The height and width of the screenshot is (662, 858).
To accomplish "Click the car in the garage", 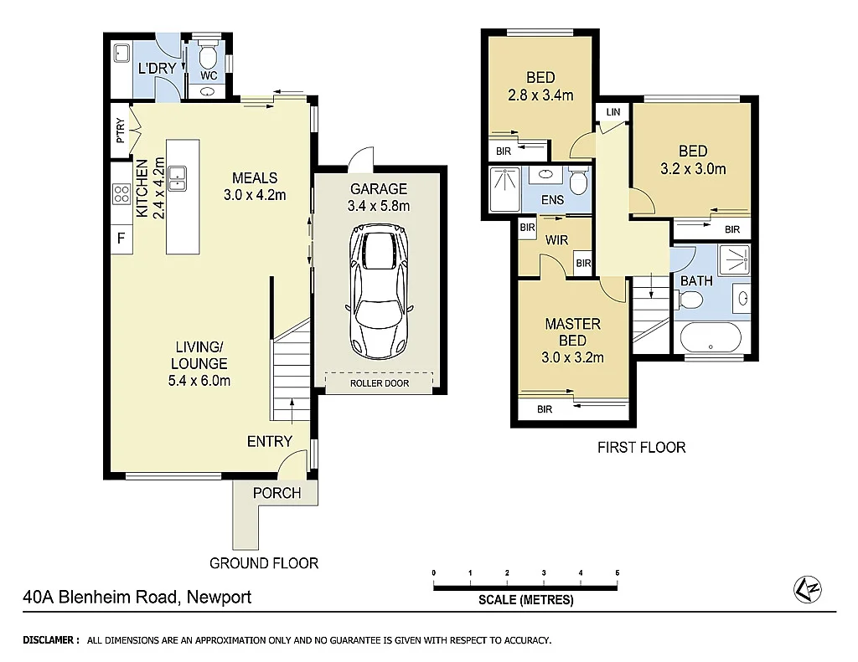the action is click(x=379, y=290).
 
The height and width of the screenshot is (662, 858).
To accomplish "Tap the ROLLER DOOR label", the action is click(x=380, y=383).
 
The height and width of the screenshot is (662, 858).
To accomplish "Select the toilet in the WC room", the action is click(x=208, y=54).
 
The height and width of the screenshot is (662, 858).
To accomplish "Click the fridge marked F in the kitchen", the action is click(x=121, y=238).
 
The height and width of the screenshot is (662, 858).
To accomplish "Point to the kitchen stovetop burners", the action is click(x=121, y=193).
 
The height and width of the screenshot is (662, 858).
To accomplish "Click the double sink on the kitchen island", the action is click(x=177, y=178).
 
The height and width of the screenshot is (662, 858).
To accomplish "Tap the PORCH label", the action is click(x=277, y=493).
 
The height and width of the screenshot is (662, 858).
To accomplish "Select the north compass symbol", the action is click(x=808, y=588).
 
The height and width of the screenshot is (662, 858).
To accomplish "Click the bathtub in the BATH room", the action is click(x=711, y=338).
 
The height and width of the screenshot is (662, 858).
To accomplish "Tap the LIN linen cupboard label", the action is click(x=612, y=112).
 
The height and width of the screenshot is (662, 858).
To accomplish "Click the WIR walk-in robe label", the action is click(x=556, y=240).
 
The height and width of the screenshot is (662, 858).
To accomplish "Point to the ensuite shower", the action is click(x=504, y=189).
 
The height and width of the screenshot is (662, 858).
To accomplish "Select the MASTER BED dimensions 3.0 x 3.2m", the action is click(x=572, y=357).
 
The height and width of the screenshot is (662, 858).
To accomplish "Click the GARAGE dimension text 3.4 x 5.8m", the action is click(x=379, y=206).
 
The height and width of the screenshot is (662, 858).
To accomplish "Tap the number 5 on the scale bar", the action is click(x=618, y=573).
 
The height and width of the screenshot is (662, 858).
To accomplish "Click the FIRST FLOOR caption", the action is click(x=641, y=448).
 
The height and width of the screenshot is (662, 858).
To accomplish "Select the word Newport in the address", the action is click(x=219, y=597).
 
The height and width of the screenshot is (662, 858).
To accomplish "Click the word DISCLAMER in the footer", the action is click(x=48, y=640).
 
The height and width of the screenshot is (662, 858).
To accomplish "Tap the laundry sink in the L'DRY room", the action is click(x=121, y=53).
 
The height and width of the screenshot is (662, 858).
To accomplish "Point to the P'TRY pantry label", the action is click(x=121, y=131).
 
